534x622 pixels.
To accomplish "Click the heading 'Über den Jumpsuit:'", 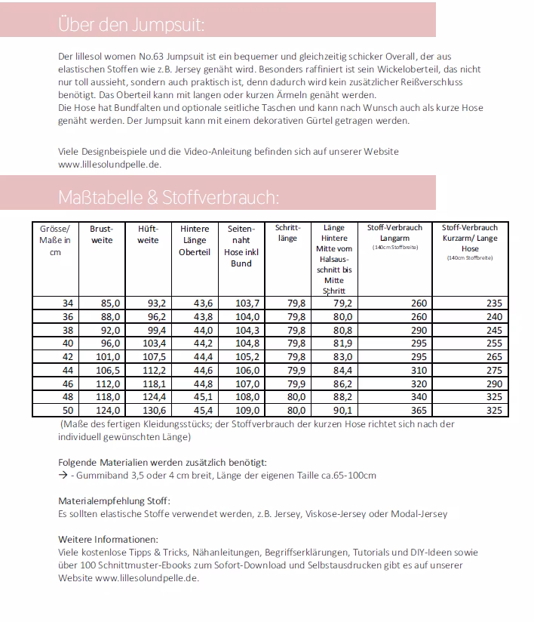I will point(131,25).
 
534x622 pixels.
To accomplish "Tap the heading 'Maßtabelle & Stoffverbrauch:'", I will point(168,198).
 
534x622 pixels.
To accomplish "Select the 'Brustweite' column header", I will point(102,234).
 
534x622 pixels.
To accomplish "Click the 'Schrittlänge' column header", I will point(287,232).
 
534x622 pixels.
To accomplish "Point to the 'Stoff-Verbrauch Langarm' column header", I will point(394,232).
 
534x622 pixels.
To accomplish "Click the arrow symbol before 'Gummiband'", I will point(63,476).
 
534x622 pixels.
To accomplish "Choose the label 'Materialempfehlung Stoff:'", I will point(114,500).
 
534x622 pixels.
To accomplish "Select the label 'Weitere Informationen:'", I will point(109,539).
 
